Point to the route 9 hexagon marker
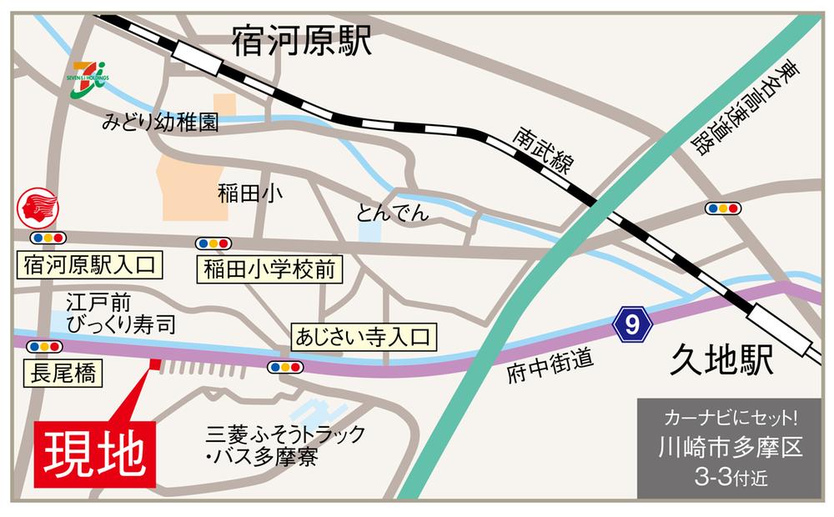[x=632, y=325]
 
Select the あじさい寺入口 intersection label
[x=361, y=338]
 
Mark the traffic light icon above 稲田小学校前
[x=214, y=243]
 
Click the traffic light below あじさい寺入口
[x=286, y=367]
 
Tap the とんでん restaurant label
[x=392, y=213]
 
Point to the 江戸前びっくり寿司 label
[x=111, y=313]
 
